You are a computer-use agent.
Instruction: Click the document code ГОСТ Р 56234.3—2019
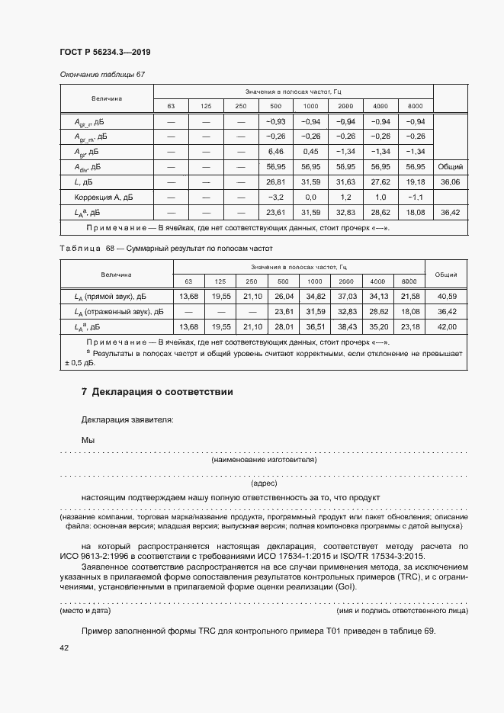[104, 52]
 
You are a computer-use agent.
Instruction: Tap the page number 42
[64, 647]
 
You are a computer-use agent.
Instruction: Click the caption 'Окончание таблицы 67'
[101, 74]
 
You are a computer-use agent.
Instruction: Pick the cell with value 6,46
[275, 151]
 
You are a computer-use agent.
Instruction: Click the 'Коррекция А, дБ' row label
[103, 196]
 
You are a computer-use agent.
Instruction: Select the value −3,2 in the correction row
[275, 196]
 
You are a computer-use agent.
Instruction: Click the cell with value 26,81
[275, 181]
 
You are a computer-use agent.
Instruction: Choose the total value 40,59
[446, 296]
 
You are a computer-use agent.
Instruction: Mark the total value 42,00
[446, 326]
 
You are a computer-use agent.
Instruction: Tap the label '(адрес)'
[263, 483]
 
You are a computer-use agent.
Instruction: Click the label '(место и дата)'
[85, 611]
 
